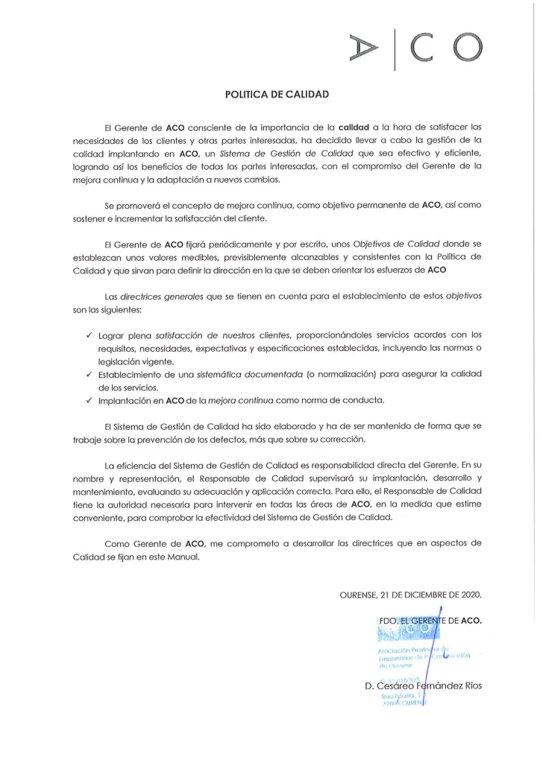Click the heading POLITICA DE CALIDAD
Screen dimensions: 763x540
[277, 95]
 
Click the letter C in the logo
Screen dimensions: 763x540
[424, 49]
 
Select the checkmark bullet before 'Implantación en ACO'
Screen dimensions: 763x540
[89, 400]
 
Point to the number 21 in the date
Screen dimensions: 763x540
[386, 595]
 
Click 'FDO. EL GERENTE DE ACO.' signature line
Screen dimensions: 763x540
[430, 621]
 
